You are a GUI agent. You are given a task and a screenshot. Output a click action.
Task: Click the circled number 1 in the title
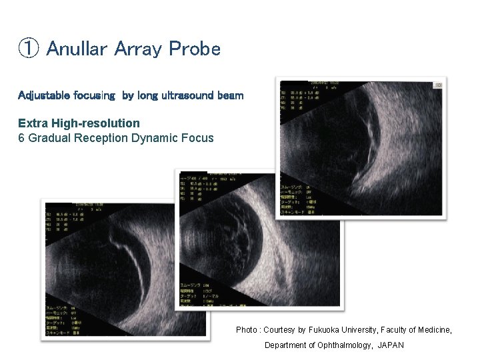[28, 49]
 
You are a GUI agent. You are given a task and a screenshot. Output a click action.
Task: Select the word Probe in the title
[195, 49]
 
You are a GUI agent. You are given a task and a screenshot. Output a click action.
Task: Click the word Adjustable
[43, 95]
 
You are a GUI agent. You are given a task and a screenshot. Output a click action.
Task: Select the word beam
[230, 95]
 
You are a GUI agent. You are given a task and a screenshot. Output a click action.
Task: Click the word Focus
[199, 138]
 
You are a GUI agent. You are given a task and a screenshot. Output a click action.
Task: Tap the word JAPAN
[391, 345]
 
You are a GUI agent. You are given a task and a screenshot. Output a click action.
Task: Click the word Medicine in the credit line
[431, 330]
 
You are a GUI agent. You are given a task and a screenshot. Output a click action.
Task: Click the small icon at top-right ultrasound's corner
[438, 85]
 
